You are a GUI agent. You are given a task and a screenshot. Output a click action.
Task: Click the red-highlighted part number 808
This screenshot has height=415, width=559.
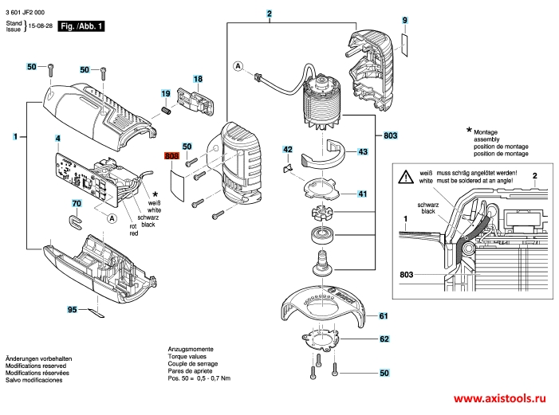pyautogui.click(x=172, y=158)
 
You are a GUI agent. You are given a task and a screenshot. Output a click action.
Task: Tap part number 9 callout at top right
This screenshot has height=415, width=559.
pyautogui.click(x=404, y=19)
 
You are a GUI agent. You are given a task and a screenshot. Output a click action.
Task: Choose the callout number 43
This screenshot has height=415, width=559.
pyautogui.click(x=362, y=151)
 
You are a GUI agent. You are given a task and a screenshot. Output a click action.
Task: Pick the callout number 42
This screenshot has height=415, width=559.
pyautogui.click(x=288, y=149)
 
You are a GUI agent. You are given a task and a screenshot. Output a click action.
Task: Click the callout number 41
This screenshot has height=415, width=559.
pyautogui.click(x=362, y=194)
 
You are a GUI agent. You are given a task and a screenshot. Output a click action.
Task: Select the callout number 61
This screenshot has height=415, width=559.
pyautogui.click(x=384, y=316)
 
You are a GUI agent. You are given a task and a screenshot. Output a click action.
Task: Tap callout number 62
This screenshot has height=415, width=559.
pyautogui.click(x=384, y=339)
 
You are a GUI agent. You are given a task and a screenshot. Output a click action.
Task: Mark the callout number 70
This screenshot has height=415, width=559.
pyautogui.click(x=77, y=204)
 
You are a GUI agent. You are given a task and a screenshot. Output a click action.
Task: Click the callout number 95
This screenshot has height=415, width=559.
pyautogui.click(x=72, y=308)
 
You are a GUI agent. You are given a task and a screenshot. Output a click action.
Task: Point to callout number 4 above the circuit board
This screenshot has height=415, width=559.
pyautogui.click(x=57, y=139)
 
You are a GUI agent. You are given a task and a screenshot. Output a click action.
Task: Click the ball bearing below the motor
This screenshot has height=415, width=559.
pyautogui.click(x=321, y=235)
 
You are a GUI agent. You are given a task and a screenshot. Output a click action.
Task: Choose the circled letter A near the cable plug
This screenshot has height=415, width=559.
pyautogui.click(x=238, y=66)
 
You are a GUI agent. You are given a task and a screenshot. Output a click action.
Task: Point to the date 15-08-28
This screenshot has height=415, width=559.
pyautogui.click(x=41, y=27)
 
